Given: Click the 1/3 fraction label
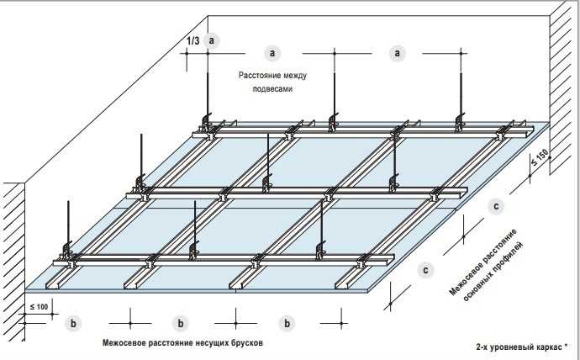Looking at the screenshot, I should point(193,40).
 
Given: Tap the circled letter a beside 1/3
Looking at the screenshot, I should point(213,40).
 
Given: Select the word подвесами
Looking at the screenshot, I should point(271,87).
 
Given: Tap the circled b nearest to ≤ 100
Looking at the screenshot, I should point(74,322).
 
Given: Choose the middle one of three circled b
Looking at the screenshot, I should point(180,322).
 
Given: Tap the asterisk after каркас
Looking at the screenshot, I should point(566,346).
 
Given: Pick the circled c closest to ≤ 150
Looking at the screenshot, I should point(497,205).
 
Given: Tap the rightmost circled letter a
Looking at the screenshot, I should point(397,52).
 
